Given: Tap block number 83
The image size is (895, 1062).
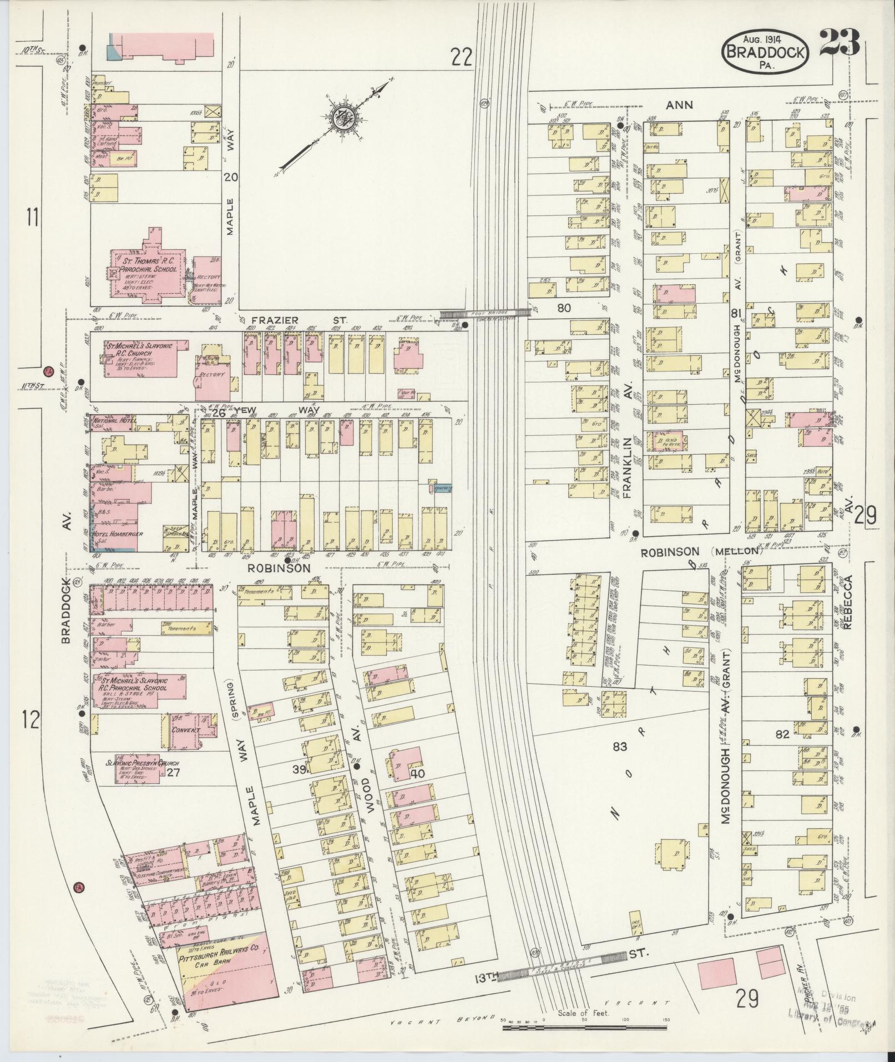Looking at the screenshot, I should click(x=620, y=747).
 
